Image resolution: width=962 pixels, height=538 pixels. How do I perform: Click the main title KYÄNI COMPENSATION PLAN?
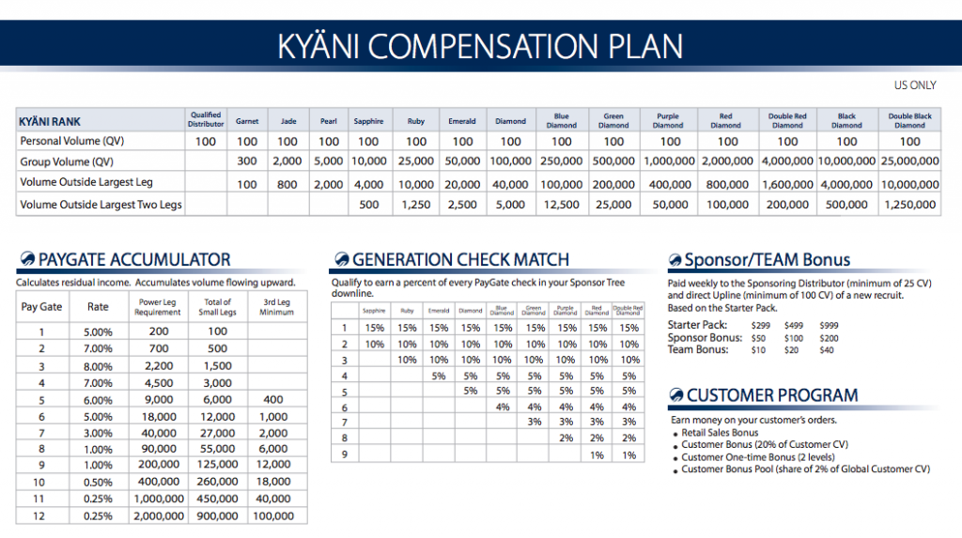tap(480, 46)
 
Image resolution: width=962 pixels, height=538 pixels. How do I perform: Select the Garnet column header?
tap(247, 121)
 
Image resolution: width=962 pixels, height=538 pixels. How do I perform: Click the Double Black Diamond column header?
tap(909, 121)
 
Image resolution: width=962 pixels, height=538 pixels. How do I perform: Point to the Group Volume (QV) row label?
tap(67, 161)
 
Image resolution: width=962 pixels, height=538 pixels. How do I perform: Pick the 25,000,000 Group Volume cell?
tap(909, 161)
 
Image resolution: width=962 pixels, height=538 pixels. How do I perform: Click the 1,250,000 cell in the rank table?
tap(909, 204)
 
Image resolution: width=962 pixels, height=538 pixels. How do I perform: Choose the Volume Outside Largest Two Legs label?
tap(101, 204)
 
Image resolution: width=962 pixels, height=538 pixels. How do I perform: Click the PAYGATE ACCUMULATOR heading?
tap(134, 260)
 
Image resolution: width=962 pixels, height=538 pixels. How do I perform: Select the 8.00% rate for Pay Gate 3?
tap(98, 365)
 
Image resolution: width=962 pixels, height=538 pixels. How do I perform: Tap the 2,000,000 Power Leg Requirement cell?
tap(159, 516)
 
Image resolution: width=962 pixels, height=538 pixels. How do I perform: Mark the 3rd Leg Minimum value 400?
tap(273, 399)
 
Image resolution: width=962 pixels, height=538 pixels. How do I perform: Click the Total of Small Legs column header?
tap(217, 307)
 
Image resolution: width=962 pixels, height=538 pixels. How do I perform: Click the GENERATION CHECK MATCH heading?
tap(460, 260)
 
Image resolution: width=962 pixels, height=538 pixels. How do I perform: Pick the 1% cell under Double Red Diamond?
tap(628, 455)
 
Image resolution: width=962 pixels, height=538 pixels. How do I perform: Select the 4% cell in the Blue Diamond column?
tap(503, 407)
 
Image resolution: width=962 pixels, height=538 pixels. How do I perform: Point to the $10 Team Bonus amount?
tap(759, 350)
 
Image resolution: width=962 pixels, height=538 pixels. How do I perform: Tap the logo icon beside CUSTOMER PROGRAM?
tap(675, 395)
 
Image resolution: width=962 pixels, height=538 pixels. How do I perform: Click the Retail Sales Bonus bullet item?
tap(723, 433)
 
